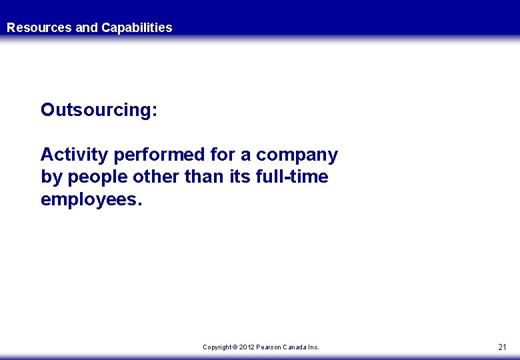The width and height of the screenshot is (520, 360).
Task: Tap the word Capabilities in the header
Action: pyautogui.click(x=137, y=28)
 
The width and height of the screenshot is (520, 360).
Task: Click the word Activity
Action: pyautogui.click(x=75, y=155)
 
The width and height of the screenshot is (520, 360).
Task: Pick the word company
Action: pyautogui.click(x=297, y=155)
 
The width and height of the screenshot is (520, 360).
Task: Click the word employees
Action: pyautogui.click(x=91, y=200)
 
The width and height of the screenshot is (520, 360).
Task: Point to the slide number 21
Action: pyautogui.click(x=503, y=347)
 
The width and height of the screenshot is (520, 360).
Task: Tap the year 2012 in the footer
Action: pyautogui.click(x=247, y=347)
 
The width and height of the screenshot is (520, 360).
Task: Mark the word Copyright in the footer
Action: pyautogui.click(x=217, y=347)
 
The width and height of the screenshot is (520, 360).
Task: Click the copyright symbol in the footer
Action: pyautogui.click(x=235, y=347)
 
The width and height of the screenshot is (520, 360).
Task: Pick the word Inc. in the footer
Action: pyautogui.click(x=314, y=347)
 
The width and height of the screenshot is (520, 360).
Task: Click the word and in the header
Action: pyautogui.click(x=87, y=28)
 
